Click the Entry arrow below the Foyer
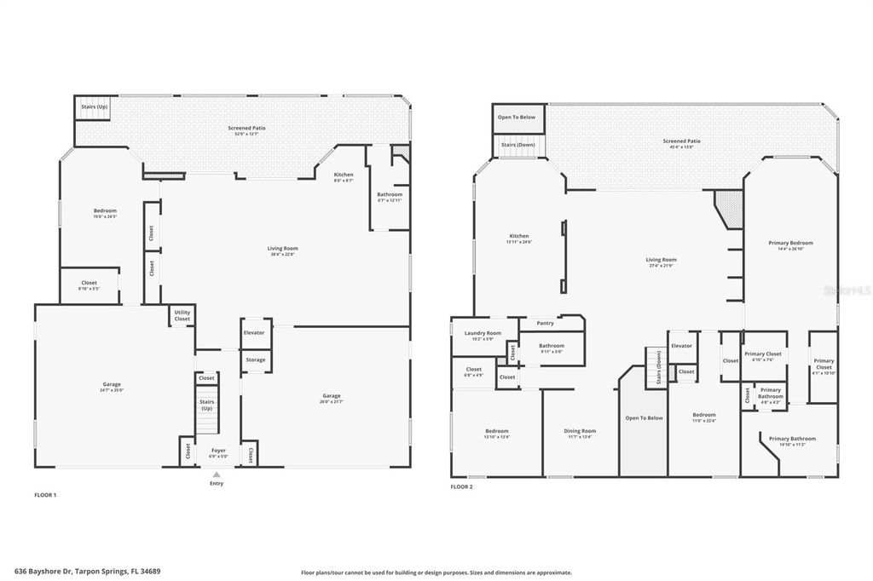pyautogui.click(x=217, y=475)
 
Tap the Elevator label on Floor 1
pyautogui.click(x=254, y=332)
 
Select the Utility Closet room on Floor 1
pyautogui.click(x=182, y=315)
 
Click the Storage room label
pyautogui.click(x=255, y=360)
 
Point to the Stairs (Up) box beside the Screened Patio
pyautogui.click(x=94, y=107)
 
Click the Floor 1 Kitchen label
pyautogui.click(x=344, y=175)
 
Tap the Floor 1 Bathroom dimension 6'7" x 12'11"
pyautogui.click(x=390, y=200)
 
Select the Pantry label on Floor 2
pyautogui.click(x=546, y=323)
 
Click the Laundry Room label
pyautogui.click(x=483, y=332)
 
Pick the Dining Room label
pyautogui.click(x=580, y=430)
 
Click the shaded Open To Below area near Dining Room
pyautogui.click(x=644, y=426)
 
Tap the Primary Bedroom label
pyautogui.click(x=789, y=243)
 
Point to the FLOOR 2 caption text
pyautogui.click(x=461, y=487)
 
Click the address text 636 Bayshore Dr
pyautogui.click(x=51, y=572)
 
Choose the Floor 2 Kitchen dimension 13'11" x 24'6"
pyautogui.click(x=519, y=242)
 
